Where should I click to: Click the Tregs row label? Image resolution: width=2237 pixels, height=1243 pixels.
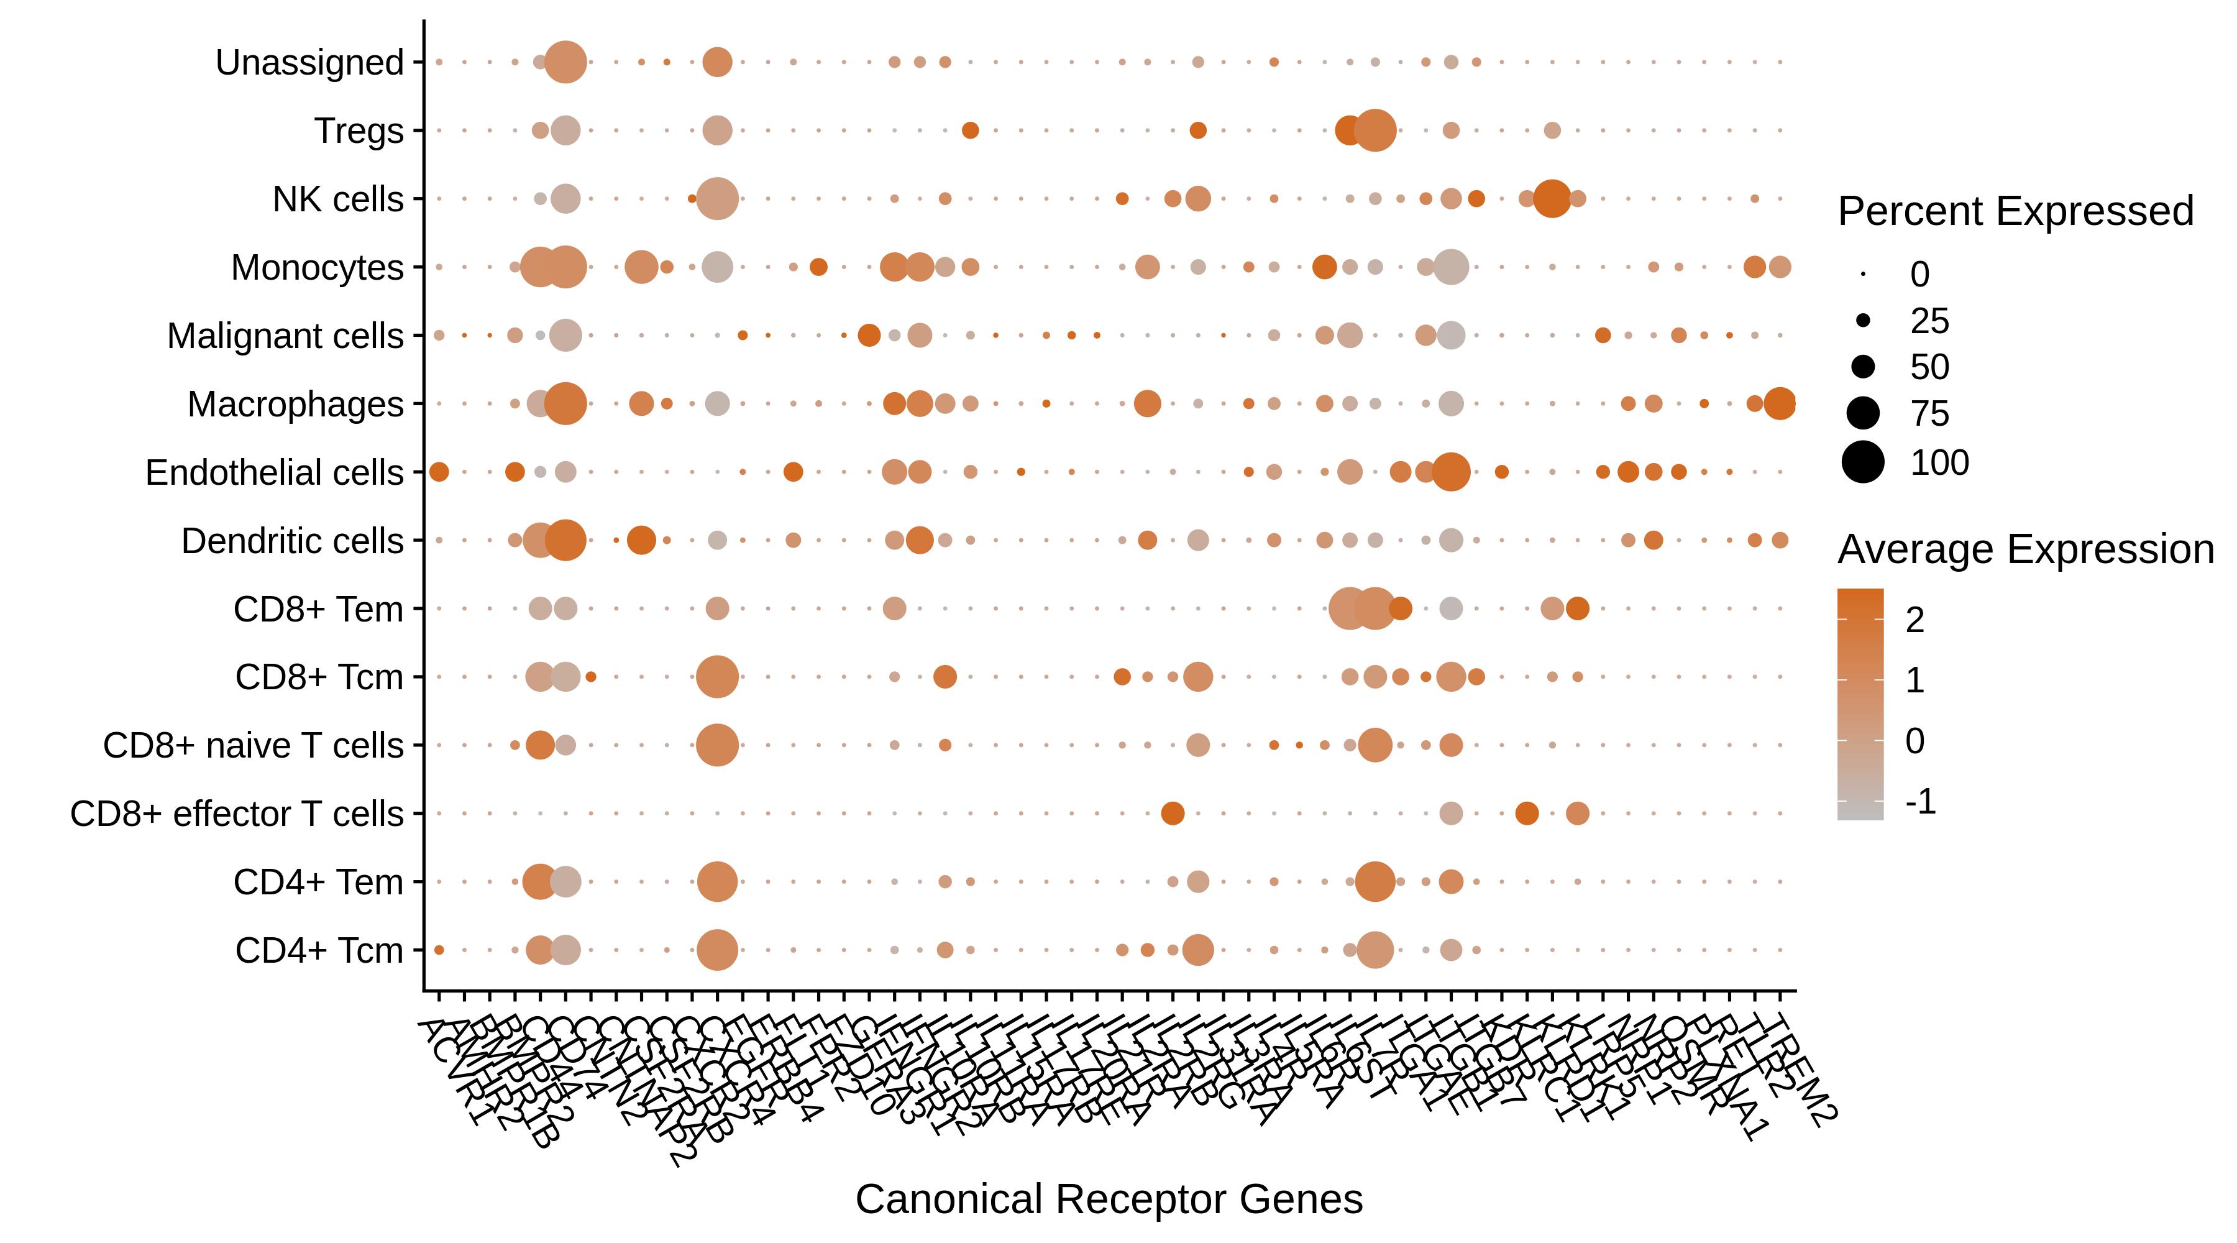click(x=359, y=131)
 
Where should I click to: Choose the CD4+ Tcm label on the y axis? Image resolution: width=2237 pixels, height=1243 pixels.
click(x=319, y=950)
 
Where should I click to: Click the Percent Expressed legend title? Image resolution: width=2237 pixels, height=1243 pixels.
click(x=2015, y=211)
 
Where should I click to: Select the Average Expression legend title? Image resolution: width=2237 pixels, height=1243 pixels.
click(x=2025, y=549)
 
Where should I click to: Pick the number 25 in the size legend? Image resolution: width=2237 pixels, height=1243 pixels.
click(x=1929, y=321)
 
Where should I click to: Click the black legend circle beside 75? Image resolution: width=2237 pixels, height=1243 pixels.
click(x=1862, y=413)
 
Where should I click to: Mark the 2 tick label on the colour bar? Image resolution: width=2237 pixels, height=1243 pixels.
click(x=1914, y=620)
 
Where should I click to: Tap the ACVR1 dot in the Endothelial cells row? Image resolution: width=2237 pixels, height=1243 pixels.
click(x=439, y=472)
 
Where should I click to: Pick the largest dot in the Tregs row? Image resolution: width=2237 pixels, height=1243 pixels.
click(x=1374, y=131)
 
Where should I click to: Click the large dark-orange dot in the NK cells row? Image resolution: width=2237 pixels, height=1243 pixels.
click(x=1551, y=199)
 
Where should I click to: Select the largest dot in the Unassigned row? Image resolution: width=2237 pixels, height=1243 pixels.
click(x=565, y=63)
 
